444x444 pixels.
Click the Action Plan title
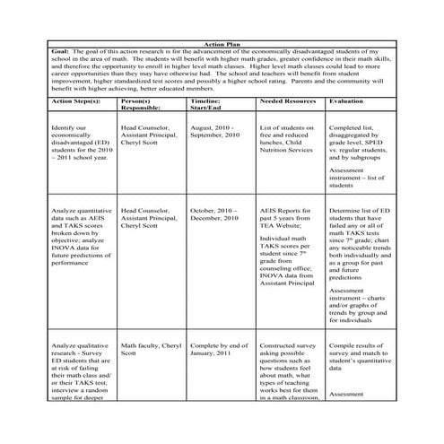click(x=222, y=42)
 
